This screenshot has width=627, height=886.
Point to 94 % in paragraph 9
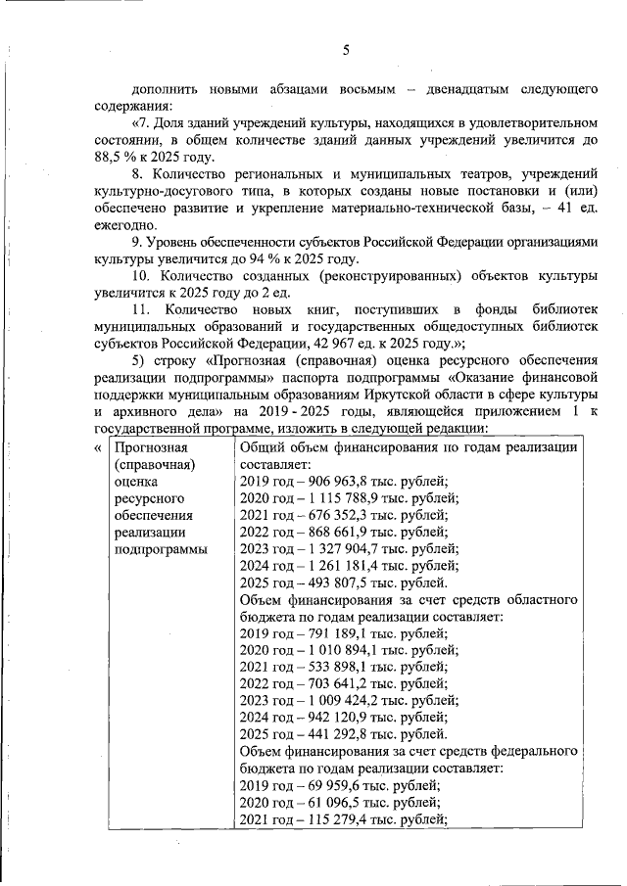[x=280, y=258]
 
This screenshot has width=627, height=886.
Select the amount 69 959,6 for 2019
[x=338, y=786]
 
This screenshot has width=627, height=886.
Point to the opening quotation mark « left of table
[x=96, y=447]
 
